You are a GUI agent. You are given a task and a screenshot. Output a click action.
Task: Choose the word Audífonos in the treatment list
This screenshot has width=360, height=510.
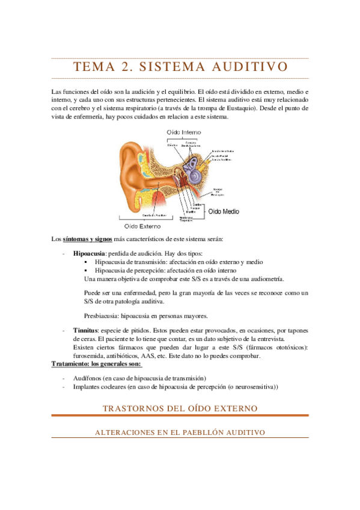(87, 378)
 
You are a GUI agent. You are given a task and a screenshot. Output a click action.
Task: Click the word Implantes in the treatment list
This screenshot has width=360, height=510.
(87, 387)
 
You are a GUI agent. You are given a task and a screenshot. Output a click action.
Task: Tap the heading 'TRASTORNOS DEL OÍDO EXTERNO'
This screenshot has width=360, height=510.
(180, 408)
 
